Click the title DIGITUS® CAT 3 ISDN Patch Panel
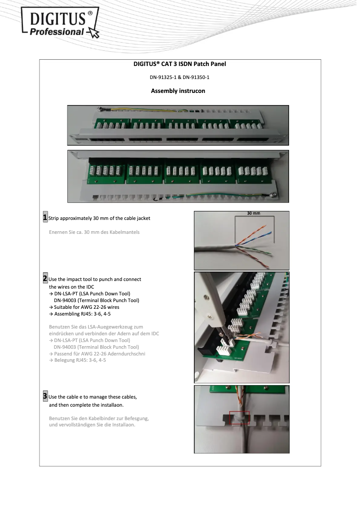(180, 64)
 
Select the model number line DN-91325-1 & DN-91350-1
(180, 78)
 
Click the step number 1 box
(45, 218)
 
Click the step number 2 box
(45, 279)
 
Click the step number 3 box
(45, 396)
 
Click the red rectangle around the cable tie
(239, 417)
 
